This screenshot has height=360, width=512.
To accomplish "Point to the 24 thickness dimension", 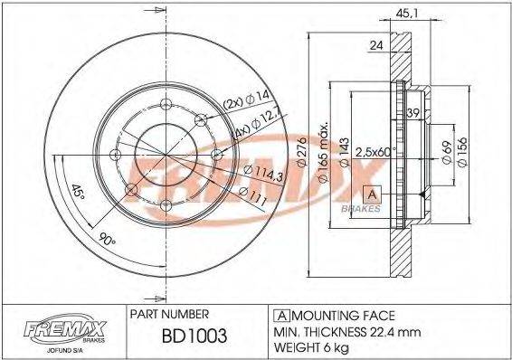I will (x=375, y=44).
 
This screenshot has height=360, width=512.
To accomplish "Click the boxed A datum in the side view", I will (x=372, y=193).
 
